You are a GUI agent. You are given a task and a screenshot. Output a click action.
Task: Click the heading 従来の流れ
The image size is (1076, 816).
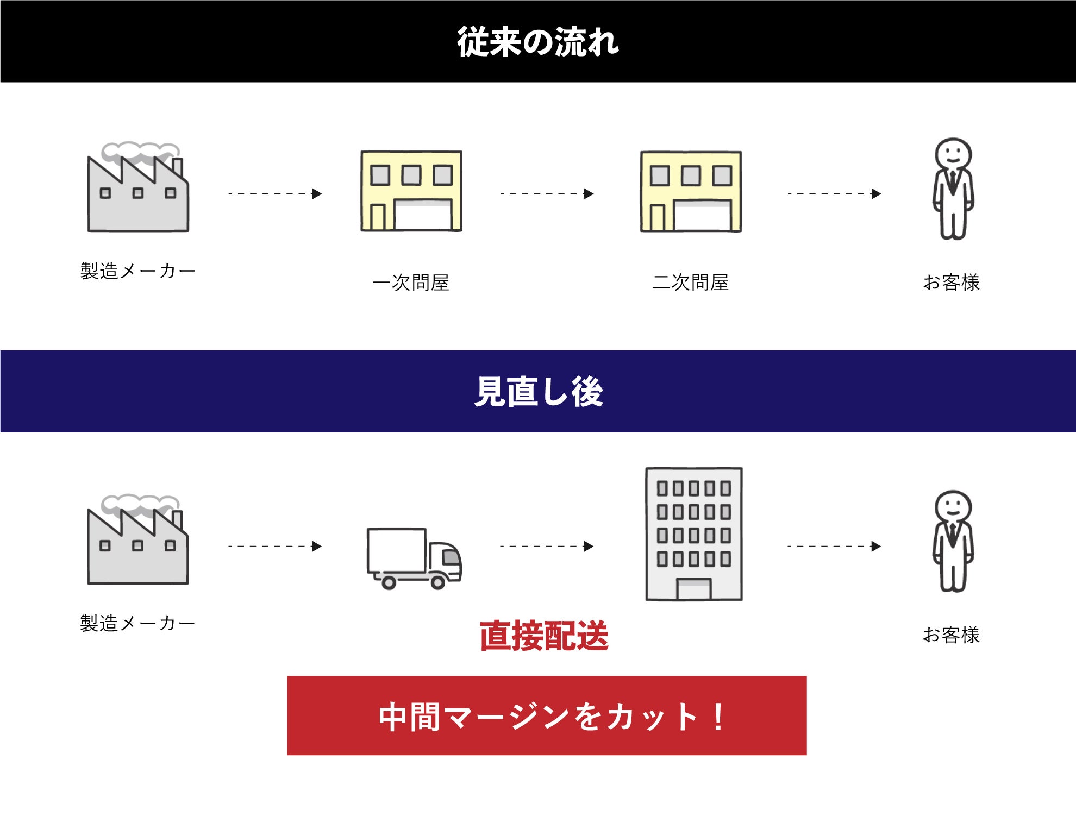(537, 42)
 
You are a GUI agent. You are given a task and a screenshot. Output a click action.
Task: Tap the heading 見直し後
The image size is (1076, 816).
(539, 391)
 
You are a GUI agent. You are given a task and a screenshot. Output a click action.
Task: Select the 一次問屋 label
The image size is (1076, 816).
(411, 283)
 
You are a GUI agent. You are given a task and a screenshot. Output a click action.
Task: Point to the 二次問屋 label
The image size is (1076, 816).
(690, 283)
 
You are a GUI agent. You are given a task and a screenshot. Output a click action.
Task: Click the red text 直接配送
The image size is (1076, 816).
(544, 636)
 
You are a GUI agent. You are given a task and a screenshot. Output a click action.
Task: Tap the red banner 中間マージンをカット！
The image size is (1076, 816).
(547, 715)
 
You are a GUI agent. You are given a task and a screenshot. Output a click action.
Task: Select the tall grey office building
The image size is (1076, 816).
(694, 533)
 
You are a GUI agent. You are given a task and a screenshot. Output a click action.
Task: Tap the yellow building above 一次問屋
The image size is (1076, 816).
(411, 191)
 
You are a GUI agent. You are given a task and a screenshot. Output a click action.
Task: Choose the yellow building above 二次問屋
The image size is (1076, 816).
(691, 191)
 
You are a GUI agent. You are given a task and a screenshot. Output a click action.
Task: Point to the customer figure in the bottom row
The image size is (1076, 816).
(953, 541)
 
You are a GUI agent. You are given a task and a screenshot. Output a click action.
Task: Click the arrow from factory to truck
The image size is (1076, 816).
(275, 546)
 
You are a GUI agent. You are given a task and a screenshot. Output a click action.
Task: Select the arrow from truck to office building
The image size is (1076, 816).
(547, 546)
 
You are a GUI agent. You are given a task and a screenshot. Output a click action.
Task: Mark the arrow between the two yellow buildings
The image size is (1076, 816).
(547, 193)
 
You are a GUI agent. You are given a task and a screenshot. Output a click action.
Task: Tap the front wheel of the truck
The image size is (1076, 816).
(438, 583)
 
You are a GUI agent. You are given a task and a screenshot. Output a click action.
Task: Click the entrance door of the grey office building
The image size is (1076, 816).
(693, 589)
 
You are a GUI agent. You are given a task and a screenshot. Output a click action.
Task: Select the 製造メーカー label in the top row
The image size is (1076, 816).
(137, 271)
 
